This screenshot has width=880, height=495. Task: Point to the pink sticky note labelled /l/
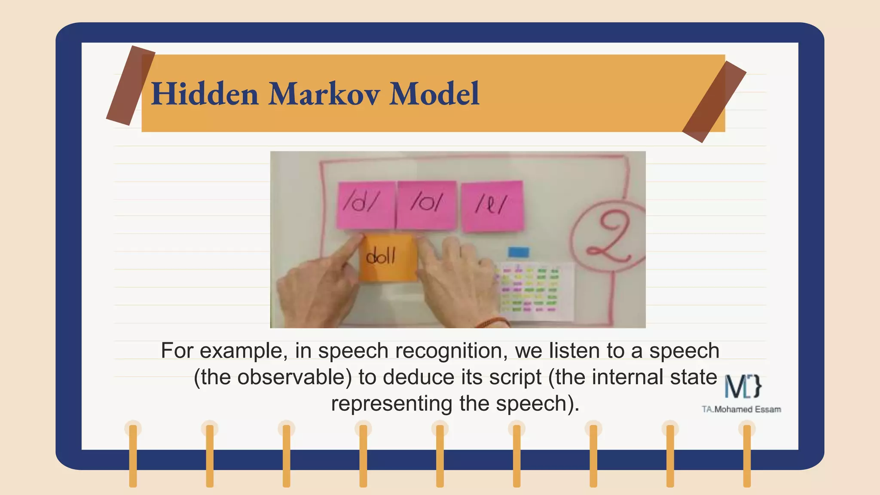click(492, 205)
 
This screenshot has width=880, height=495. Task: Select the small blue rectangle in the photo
click(518, 252)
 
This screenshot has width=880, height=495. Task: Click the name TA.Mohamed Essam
click(741, 409)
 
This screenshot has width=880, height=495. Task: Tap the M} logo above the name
click(743, 386)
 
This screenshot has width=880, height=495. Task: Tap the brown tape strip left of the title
click(130, 85)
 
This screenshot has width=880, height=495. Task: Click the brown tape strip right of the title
click(714, 102)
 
